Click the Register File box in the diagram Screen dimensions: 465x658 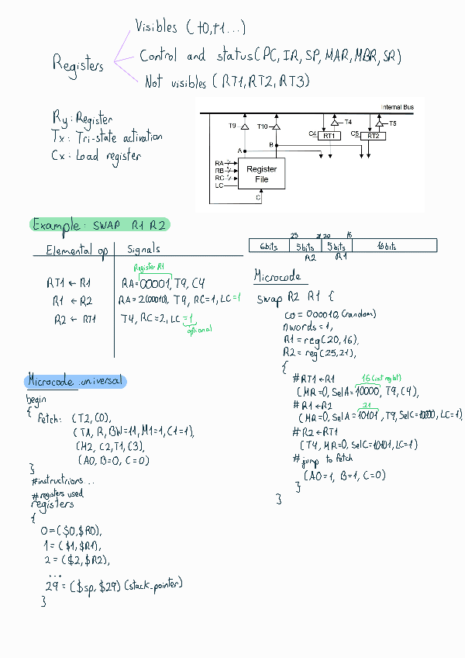click(x=262, y=174)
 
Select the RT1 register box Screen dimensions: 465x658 click(x=329, y=136)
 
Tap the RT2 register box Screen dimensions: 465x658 click(x=373, y=136)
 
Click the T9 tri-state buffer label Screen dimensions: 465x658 click(x=232, y=126)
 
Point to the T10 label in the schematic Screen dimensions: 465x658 click(x=263, y=126)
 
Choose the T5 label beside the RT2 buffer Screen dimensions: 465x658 click(x=393, y=123)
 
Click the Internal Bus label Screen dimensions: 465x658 click(x=397, y=107)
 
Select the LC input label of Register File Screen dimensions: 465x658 click(x=219, y=186)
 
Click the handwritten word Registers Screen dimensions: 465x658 click(x=77, y=64)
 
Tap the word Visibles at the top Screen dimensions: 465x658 click(x=157, y=27)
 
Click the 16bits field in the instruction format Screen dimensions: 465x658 click(x=386, y=246)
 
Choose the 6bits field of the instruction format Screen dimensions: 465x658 click(x=269, y=246)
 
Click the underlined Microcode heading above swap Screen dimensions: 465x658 click(x=277, y=276)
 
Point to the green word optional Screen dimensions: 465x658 click(x=200, y=329)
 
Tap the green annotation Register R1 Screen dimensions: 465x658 click(x=150, y=267)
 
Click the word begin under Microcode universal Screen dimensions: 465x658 click(x=36, y=399)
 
